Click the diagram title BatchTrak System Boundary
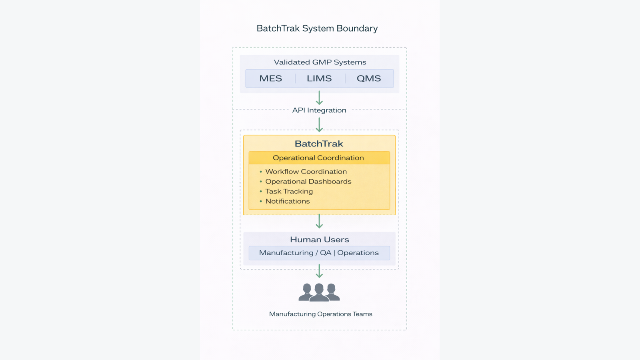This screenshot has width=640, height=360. pos(317,28)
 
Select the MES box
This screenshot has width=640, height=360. pos(271,78)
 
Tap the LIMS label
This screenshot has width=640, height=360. pos(319,78)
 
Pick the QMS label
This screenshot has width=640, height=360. pos(368,78)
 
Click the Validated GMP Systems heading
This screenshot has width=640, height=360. pos(320,62)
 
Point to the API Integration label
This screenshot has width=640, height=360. pos(319,110)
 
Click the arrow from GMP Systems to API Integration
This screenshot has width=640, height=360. pos(319,98)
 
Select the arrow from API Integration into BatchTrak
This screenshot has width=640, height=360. pos(319,124)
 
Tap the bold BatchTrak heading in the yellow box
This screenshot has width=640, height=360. pos(319,144)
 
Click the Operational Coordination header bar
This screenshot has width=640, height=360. pos(319,158)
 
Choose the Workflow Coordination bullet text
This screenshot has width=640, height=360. pos(306,172)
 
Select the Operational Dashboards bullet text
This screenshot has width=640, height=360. pos(308,182)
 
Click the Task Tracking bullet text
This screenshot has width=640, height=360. pos(289,192)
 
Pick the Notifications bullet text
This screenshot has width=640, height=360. pos(287,201)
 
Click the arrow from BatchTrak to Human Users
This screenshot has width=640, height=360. pos(319,221)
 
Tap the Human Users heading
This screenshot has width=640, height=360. pos(319,240)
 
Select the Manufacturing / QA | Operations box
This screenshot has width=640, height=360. pos(319,253)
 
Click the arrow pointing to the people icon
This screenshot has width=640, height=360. pos(319,271)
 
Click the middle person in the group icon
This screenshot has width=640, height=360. pos(319,292)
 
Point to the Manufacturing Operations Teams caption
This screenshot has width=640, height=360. pos(320,314)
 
